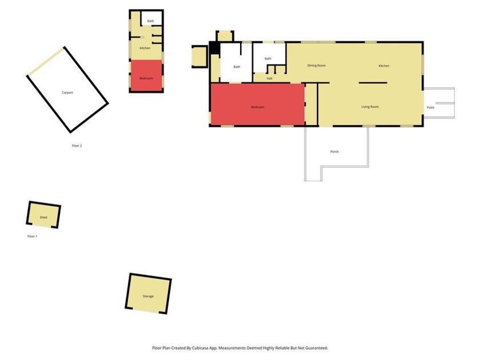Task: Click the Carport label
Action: pos(67,92)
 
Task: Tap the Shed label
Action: pos(43,218)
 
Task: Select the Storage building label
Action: pos(148,297)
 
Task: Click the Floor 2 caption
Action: pos(77,146)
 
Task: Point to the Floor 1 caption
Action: pos(33,236)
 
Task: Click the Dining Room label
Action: pos(316,66)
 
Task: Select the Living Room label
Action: pos(370,107)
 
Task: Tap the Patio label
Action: pos(430,107)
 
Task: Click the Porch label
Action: pos(334,151)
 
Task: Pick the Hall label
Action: pos(269,78)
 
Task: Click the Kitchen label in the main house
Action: pos(384,66)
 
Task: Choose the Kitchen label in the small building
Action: pos(145,48)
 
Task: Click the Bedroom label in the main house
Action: pos(257,107)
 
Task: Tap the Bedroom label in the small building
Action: pos(146,78)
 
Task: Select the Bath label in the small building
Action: pos(150,21)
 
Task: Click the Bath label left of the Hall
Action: pos(237,67)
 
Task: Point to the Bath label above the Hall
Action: pos(267,58)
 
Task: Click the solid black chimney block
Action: pos(214,48)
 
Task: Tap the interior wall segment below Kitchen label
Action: pos(373,83)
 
